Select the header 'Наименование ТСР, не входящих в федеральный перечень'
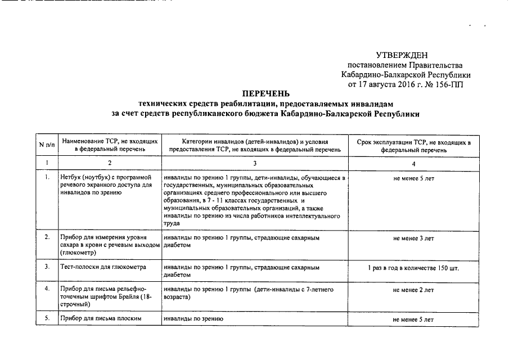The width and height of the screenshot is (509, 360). click(110, 145)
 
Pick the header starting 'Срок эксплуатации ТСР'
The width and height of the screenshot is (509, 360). click(413, 145)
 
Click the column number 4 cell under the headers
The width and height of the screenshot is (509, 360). click(413, 164)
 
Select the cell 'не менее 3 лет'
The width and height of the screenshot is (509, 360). click(413, 238)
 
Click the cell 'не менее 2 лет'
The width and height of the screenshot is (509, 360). click(413, 290)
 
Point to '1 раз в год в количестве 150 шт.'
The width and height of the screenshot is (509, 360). click(413, 268)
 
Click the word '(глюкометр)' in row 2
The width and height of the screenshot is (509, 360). click(78, 253)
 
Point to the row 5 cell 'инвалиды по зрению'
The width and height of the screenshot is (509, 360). click(193, 319)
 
